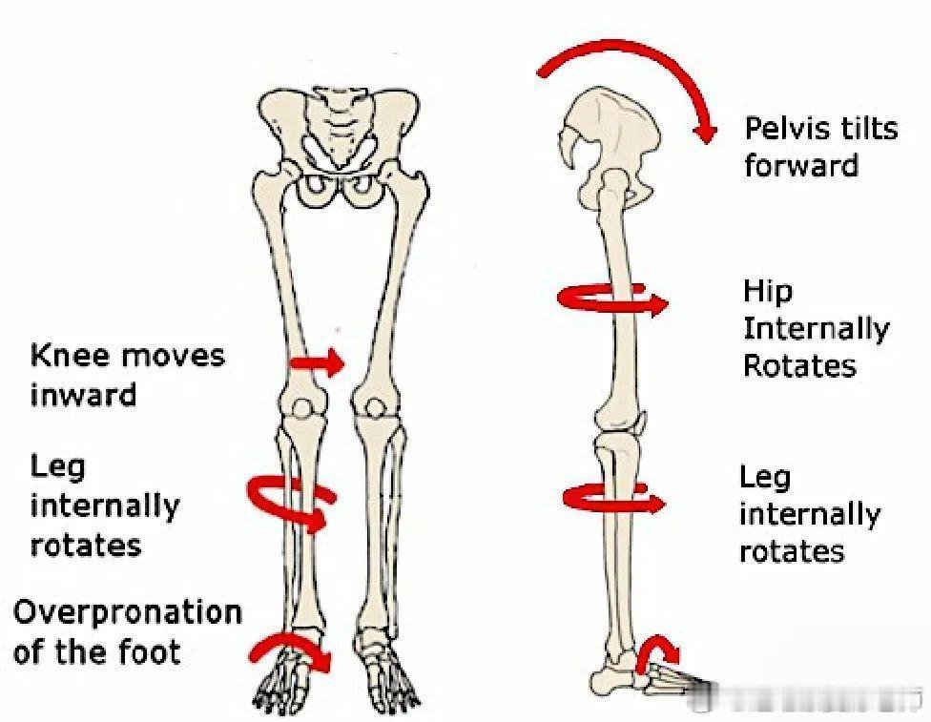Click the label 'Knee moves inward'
pyautogui.click(x=127, y=374)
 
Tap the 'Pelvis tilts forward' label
pyautogui.click(x=820, y=146)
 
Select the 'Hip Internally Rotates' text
pyautogui.click(x=816, y=328)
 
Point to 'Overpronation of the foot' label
pyautogui.click(x=127, y=631)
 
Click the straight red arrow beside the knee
pyautogui.click(x=317, y=362)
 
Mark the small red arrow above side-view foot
pyautogui.click(x=658, y=652)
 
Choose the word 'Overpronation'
pyautogui.click(x=127, y=612)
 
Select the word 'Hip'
pyautogui.click(x=768, y=291)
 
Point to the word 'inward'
pyautogui.click(x=83, y=394)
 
